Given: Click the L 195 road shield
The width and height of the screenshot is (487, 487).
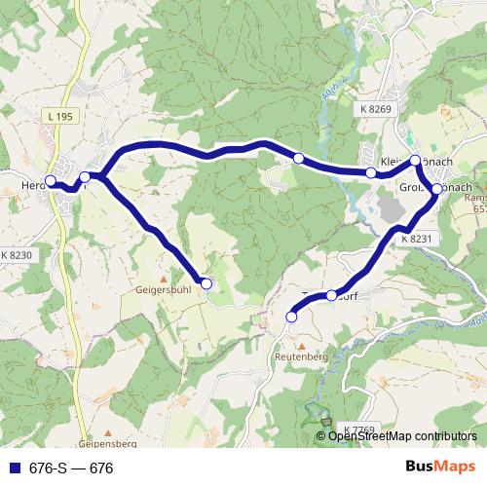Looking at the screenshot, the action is click(x=59, y=117).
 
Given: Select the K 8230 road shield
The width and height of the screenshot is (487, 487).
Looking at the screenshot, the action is click(x=17, y=254).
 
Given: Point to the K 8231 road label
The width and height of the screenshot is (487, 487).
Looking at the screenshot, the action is click(x=415, y=238).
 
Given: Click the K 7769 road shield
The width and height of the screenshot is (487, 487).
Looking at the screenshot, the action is click(x=358, y=430).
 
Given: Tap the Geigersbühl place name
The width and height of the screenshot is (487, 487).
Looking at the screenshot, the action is click(x=164, y=289).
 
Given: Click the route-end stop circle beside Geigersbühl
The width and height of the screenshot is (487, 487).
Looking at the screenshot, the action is click(x=206, y=283).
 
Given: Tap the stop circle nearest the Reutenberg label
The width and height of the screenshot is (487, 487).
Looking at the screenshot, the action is click(x=291, y=317).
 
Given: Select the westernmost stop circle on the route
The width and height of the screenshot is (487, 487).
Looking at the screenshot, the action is click(x=51, y=181).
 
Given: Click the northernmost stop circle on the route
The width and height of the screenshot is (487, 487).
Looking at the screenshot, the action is click(x=415, y=160).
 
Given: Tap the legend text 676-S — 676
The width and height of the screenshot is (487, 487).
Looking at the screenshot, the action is click(x=71, y=468).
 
